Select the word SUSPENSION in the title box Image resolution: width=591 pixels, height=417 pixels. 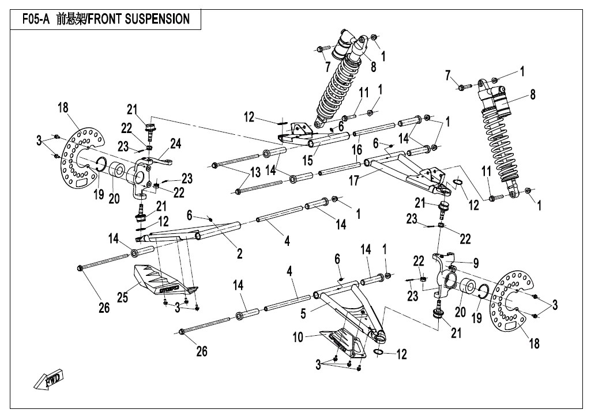[157, 19]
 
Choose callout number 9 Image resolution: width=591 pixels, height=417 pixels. [476, 263]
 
